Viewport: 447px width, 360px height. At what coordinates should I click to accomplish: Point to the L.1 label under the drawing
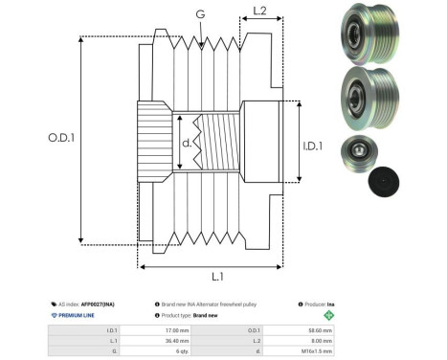[x=216, y=278]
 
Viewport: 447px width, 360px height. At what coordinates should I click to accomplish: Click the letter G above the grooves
[x=199, y=14]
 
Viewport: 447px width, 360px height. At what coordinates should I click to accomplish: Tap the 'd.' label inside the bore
[x=187, y=145]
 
